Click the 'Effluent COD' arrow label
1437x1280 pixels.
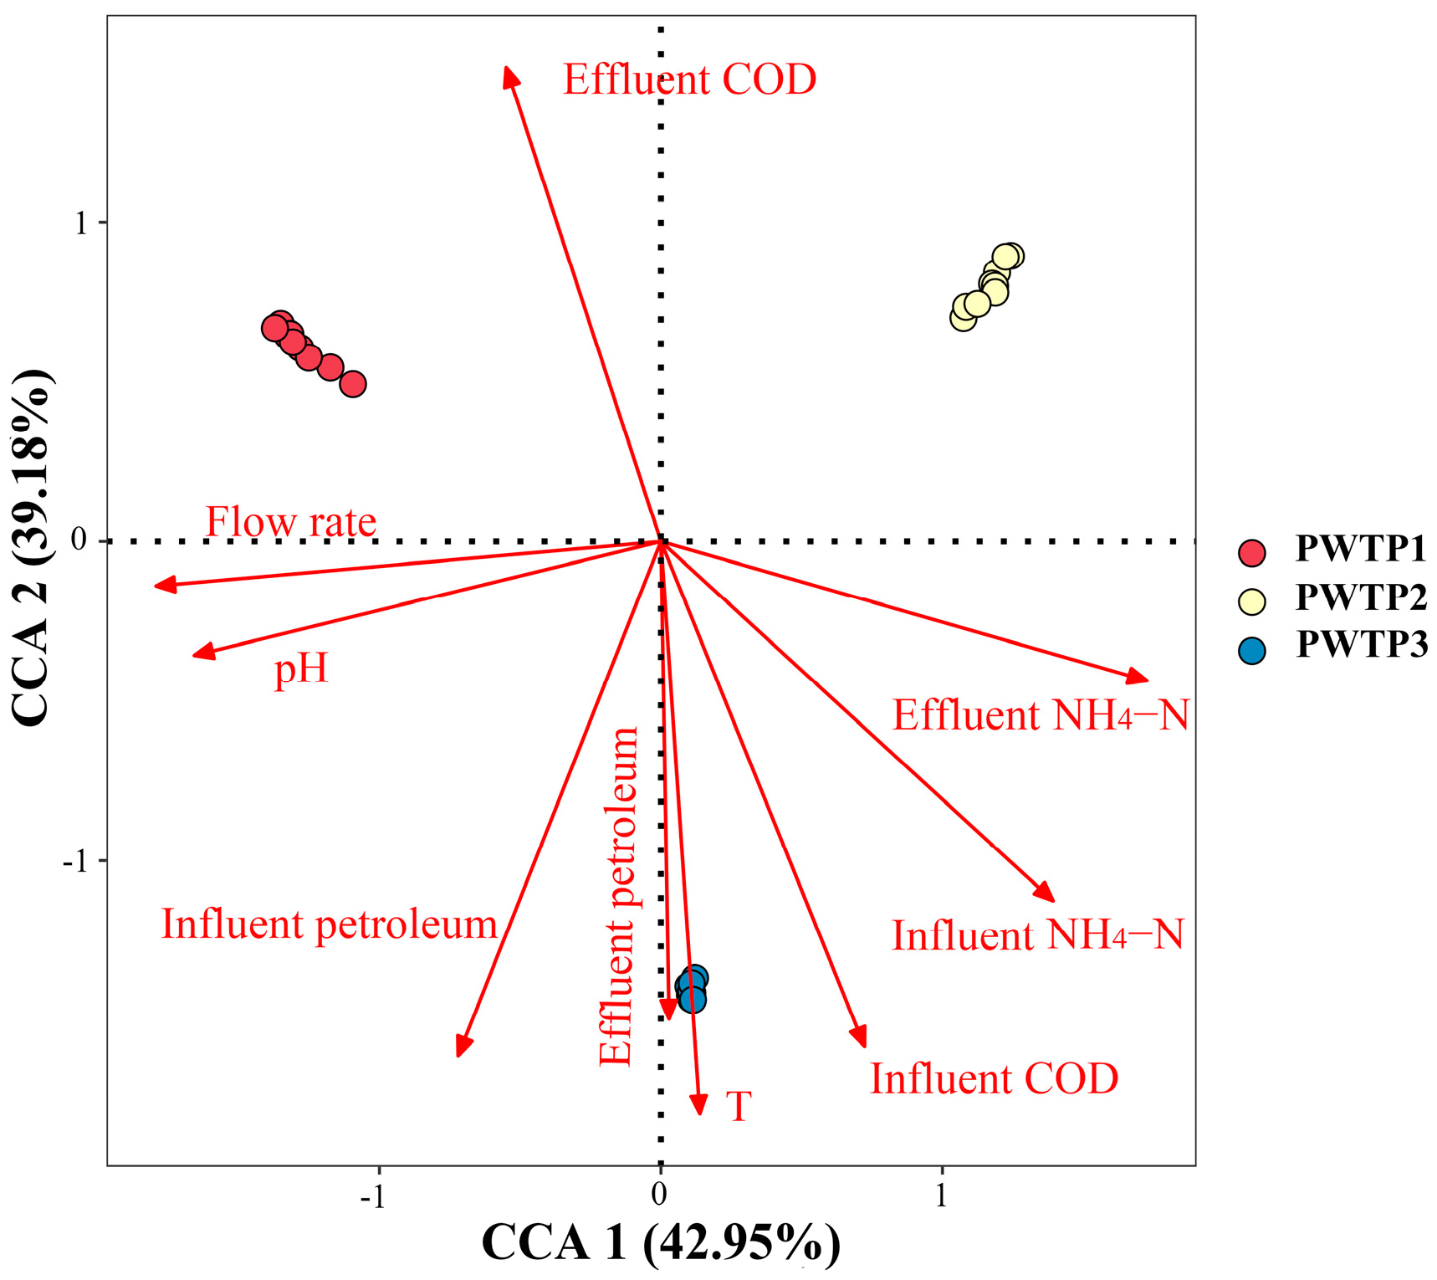pyautogui.click(x=689, y=80)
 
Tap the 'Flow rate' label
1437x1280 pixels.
pyautogui.click(x=290, y=522)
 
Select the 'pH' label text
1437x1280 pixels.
pyautogui.click(x=301, y=669)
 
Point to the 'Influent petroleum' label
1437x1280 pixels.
pyautogui.click(x=329, y=924)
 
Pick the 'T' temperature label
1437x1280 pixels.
pyautogui.click(x=738, y=1106)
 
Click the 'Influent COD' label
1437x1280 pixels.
pyautogui.click(x=994, y=1078)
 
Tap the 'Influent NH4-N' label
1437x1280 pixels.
pyautogui.click(x=1037, y=935)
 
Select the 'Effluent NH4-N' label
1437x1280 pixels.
pyautogui.click(x=1041, y=715)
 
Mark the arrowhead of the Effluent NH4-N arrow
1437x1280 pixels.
pyautogui.click(x=1139, y=678)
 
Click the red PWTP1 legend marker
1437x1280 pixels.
pyautogui.click(x=1251, y=552)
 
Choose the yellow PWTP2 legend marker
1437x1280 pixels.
pyautogui.click(x=1251, y=601)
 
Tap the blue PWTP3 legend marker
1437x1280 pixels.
pyautogui.click(x=1251, y=649)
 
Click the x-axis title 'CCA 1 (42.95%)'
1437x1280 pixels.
pyautogui.click(x=661, y=1242)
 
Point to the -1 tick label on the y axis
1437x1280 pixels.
pyautogui.click(x=75, y=860)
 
